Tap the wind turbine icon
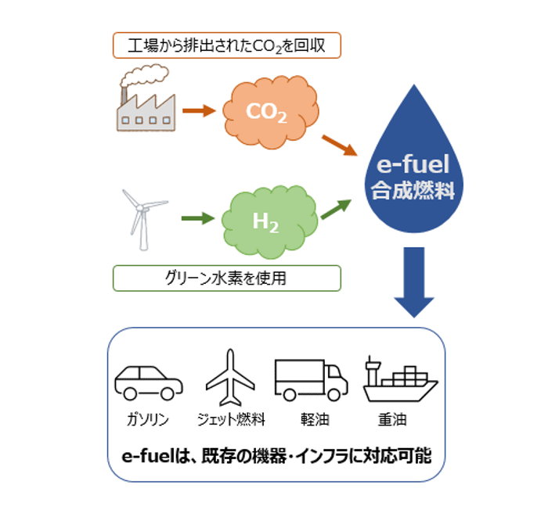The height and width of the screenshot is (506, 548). click(142, 220)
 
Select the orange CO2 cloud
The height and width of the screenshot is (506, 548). click(271, 112)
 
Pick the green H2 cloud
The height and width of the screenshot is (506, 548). click(269, 222)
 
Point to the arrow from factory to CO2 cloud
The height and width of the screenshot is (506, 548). click(199, 111)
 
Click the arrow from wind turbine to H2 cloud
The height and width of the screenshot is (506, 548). click(198, 218)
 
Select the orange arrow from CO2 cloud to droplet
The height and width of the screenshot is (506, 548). click(339, 145)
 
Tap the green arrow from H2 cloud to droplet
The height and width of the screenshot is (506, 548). click(336, 209)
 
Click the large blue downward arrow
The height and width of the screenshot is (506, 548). click(414, 282)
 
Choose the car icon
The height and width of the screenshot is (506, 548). click(149, 382)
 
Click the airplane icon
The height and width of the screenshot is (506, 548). click(230, 378)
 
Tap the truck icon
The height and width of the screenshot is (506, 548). click(311, 380)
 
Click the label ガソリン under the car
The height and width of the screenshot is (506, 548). click(148, 419)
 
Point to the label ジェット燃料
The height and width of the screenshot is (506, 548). click(231, 419)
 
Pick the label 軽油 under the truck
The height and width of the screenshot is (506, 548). click(315, 419)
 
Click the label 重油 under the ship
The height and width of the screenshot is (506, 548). click(392, 419)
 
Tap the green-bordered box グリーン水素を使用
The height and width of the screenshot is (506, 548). click(227, 278)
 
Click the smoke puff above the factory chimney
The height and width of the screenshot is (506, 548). click(144, 74)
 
